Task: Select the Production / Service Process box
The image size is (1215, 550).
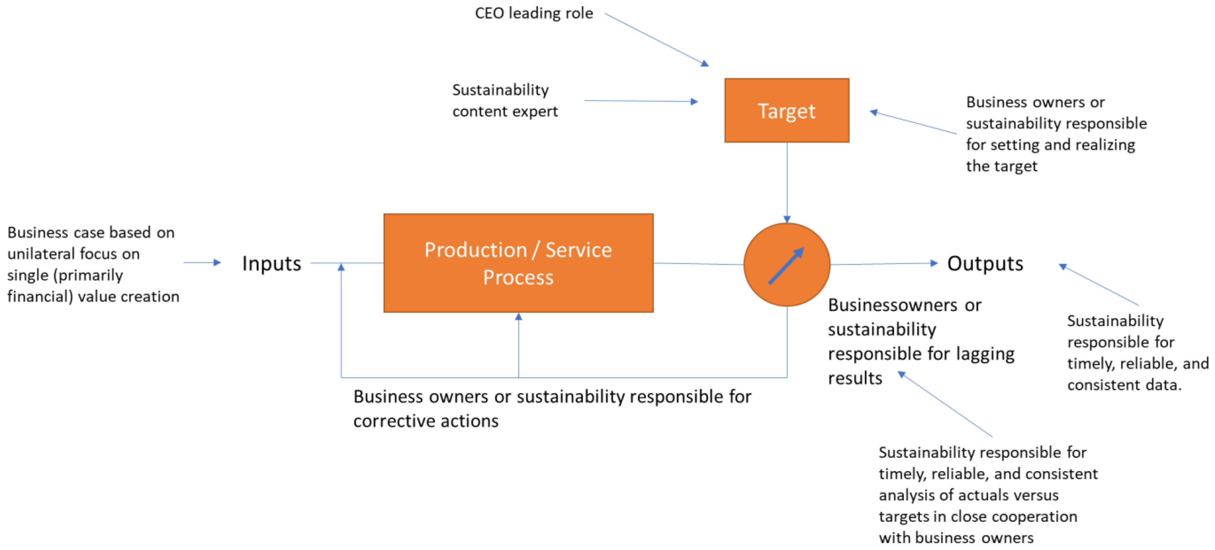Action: point(518,263)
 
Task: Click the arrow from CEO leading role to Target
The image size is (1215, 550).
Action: point(656,39)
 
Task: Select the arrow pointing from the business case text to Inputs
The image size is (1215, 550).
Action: point(202,263)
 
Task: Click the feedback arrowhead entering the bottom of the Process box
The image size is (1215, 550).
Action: point(518,317)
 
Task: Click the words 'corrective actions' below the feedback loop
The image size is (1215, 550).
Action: point(426,421)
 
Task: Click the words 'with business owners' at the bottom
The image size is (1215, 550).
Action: point(956,538)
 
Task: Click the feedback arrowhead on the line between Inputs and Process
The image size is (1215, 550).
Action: point(341,267)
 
